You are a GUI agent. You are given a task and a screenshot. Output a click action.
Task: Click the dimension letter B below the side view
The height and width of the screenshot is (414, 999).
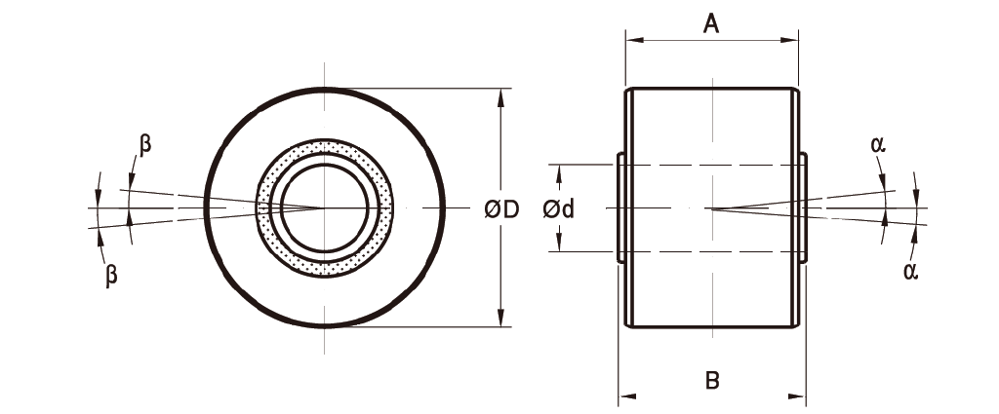(x=712, y=380)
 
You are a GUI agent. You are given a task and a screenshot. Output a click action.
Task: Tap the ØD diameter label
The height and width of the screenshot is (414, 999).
(x=500, y=208)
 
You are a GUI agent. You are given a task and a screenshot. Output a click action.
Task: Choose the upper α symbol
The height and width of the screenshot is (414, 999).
(x=878, y=145)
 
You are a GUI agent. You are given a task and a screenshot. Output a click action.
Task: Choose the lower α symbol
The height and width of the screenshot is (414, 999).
(x=910, y=271)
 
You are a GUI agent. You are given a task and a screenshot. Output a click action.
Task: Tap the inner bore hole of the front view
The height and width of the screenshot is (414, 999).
(x=324, y=207)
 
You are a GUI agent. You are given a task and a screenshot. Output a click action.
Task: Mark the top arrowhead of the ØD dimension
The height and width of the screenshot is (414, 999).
(x=500, y=95)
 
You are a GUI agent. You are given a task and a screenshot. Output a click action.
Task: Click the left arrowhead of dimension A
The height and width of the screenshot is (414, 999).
(x=632, y=41)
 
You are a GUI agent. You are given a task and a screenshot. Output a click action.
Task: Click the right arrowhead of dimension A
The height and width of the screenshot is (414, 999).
(x=791, y=41)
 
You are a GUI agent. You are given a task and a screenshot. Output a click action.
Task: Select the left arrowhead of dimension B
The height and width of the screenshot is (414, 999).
(x=625, y=396)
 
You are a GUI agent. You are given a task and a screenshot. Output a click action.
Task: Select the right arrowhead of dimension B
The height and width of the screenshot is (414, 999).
(x=799, y=396)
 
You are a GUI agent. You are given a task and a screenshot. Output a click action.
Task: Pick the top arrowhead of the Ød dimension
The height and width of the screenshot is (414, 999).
(x=559, y=171)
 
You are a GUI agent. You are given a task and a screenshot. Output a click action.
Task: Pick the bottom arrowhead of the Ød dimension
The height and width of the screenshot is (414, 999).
(x=559, y=245)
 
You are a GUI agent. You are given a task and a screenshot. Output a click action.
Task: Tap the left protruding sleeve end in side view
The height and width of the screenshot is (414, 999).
(x=622, y=207)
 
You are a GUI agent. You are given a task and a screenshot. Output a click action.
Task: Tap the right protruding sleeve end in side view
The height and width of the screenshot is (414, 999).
(x=803, y=207)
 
